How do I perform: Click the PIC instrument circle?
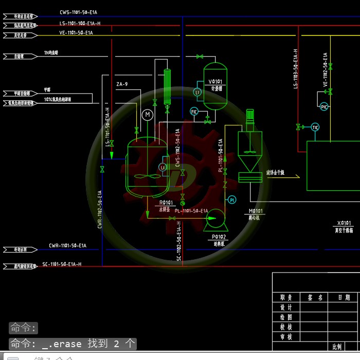(324, 106)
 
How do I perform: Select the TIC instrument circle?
(315, 127)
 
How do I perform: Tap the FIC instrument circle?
(194, 112)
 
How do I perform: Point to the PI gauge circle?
(231, 200)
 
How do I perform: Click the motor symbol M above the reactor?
(148, 114)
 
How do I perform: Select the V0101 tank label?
(215, 81)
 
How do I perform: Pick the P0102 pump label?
(219, 237)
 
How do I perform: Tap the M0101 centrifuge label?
(256, 211)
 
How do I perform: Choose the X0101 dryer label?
(344, 223)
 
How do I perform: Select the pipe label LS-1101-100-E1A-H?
(80, 23)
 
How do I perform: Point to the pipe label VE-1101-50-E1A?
(76, 33)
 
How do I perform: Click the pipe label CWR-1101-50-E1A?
(67, 246)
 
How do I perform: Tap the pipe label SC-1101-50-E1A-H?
(62, 264)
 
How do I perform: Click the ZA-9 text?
(122, 84)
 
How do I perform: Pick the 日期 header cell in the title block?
(344, 297)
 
